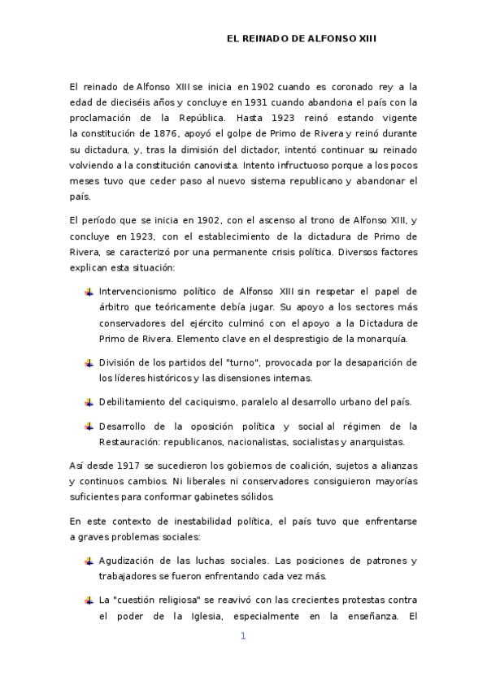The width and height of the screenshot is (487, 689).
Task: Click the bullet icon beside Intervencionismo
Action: pos(88,292)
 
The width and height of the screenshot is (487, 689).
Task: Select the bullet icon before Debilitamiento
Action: pos(88,402)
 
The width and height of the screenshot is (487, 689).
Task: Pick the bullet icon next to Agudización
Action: pos(88,561)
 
